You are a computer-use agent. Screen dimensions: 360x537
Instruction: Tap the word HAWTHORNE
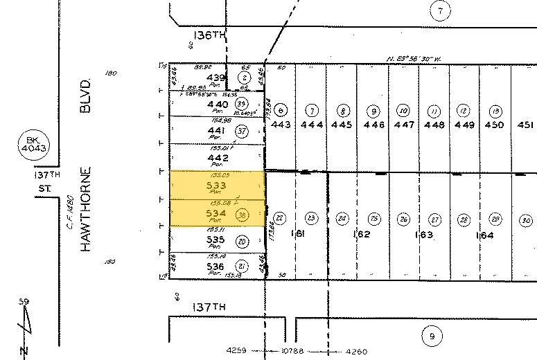86,209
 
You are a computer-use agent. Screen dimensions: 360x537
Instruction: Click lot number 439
218,77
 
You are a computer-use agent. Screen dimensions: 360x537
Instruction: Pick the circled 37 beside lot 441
242,130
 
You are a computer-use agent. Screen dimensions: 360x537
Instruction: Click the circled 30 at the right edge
526,220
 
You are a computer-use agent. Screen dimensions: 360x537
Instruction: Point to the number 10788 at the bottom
297,351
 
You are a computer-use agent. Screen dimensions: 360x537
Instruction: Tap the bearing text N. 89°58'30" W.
414,59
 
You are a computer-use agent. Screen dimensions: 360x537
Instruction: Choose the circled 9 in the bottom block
432,336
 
